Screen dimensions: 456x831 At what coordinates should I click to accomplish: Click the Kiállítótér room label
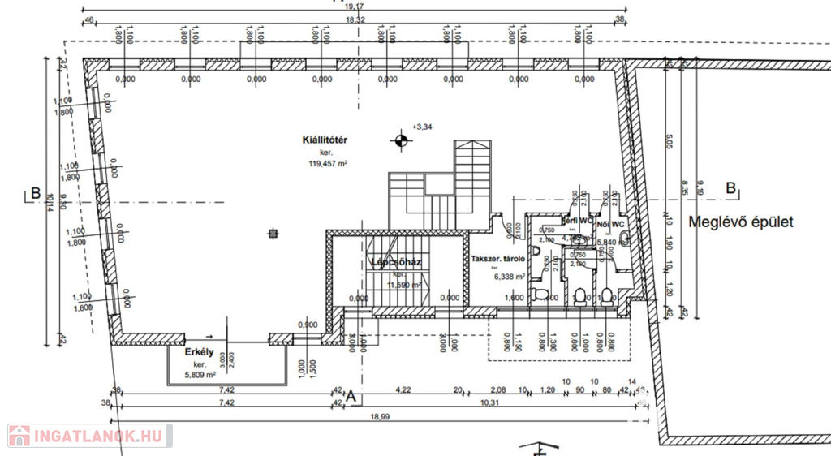325,140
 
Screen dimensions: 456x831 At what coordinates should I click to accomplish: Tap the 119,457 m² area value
328,163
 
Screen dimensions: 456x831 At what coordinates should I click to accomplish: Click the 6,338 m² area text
510,276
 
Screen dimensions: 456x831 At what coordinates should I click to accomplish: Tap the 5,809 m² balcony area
199,374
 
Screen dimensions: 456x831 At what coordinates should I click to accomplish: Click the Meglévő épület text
740,221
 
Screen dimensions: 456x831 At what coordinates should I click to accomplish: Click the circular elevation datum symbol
399,141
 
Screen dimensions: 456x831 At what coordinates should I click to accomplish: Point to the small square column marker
273,234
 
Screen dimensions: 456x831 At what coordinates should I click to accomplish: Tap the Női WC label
611,223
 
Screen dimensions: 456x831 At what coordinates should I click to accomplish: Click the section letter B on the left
35,193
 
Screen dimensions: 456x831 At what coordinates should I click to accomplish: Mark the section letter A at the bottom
351,397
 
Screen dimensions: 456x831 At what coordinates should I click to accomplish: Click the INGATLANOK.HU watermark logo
89,436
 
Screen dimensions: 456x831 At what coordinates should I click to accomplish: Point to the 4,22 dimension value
403,389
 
